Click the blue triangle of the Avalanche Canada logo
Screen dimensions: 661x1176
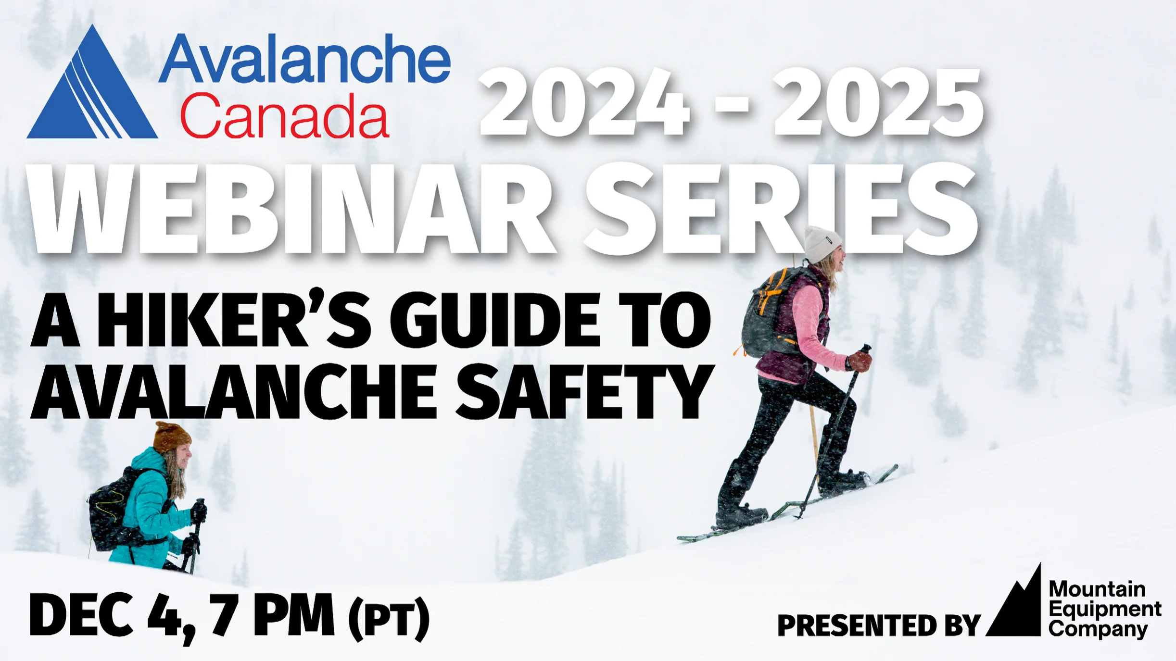point(91,96)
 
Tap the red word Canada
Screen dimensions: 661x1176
point(284,116)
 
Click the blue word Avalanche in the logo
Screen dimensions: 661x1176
point(304,59)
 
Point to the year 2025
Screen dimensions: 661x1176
point(878,102)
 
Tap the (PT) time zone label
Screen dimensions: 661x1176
point(389,619)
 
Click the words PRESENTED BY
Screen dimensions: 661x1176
point(878,625)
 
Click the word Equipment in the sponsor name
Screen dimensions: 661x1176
point(1104,609)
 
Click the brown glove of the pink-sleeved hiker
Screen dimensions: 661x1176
point(860,361)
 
